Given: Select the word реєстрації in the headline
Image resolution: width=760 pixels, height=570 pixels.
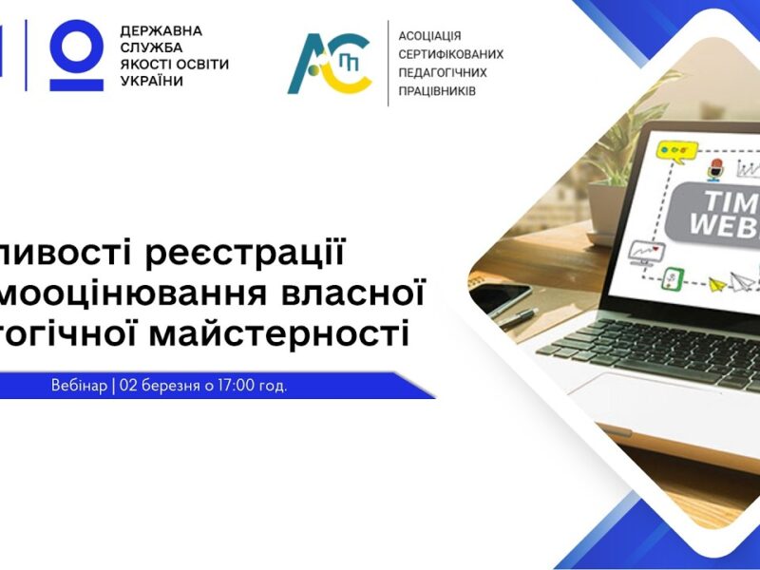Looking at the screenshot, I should tap(260, 254).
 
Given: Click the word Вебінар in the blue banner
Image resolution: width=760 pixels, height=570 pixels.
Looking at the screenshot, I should tap(80, 387).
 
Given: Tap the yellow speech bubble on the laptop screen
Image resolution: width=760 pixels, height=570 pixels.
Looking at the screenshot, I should tap(677, 149).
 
